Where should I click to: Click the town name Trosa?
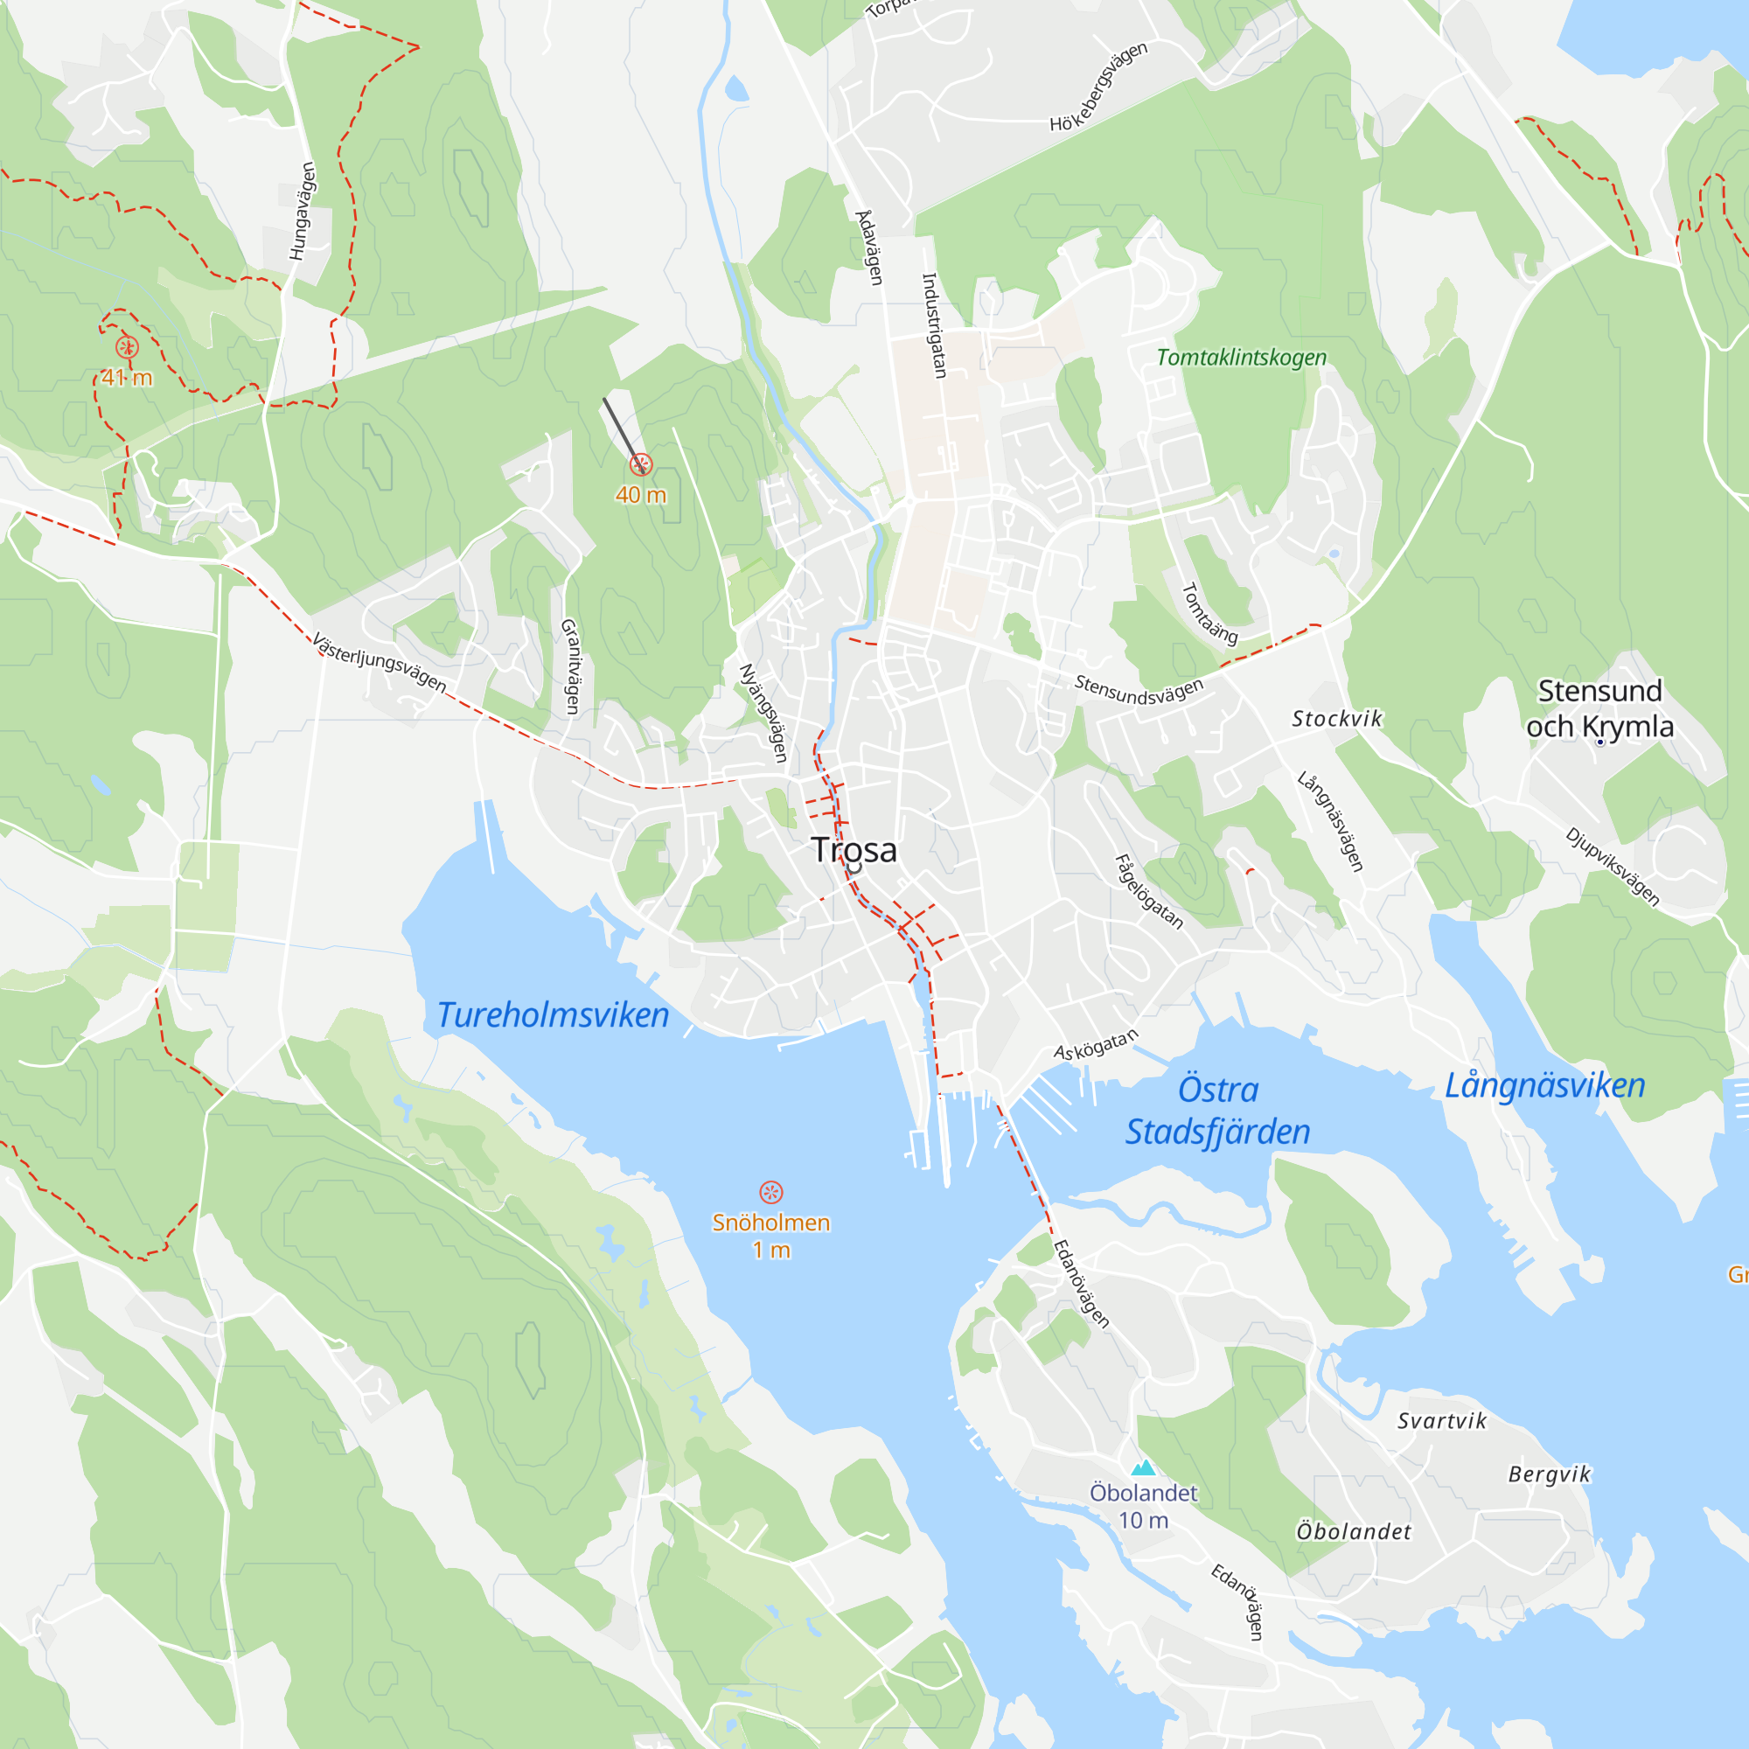[x=854, y=850]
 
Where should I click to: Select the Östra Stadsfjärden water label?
[x=1217, y=1111]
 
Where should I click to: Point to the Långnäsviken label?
[x=1544, y=1085]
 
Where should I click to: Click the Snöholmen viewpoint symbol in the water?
[x=770, y=1191]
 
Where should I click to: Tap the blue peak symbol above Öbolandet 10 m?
[x=1143, y=1467]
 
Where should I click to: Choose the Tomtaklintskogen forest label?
[x=1241, y=358]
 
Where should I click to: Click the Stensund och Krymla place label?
[x=1599, y=709]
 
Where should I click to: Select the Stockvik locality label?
[x=1337, y=719]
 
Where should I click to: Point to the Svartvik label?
[x=1442, y=1421]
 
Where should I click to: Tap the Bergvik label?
[x=1549, y=1474]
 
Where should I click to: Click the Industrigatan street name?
[x=933, y=325]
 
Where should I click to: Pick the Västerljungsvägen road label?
[x=380, y=663]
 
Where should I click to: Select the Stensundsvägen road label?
[x=1139, y=691]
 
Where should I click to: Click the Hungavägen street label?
[x=303, y=211]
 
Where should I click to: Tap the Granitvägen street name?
[x=570, y=666]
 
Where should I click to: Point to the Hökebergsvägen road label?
[x=1098, y=87]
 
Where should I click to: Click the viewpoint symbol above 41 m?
[x=128, y=346]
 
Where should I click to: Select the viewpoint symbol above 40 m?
[x=641, y=465]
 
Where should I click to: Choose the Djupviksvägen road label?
[x=1613, y=867]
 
